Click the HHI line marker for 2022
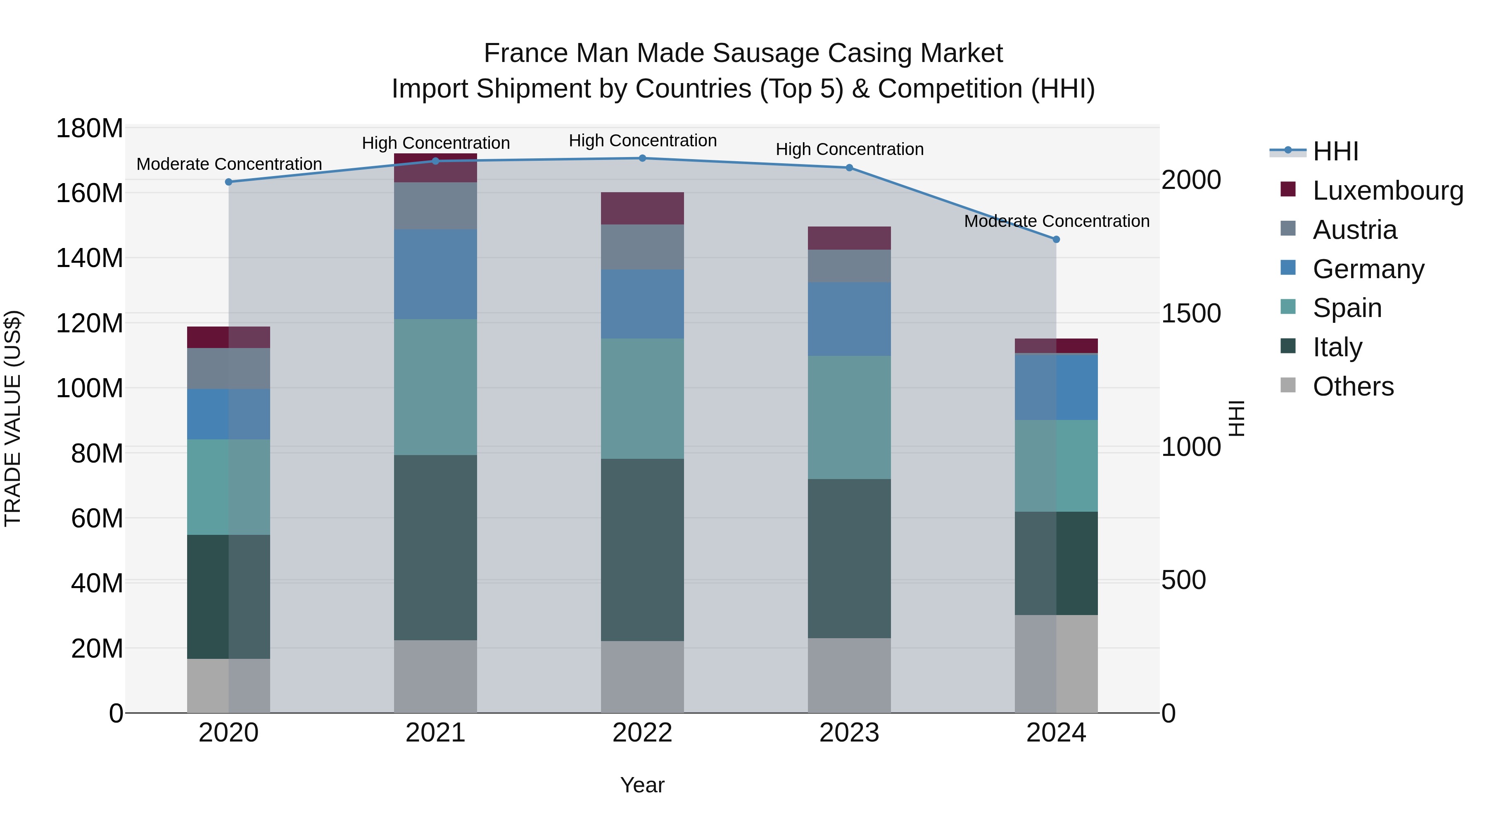click(642, 158)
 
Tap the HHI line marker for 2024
click(1056, 239)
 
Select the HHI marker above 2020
click(228, 182)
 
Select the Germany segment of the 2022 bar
click(642, 304)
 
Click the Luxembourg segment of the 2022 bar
click(642, 208)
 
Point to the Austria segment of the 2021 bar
click(435, 206)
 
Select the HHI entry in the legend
click(1335, 151)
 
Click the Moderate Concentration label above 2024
click(1056, 221)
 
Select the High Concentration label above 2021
click(436, 143)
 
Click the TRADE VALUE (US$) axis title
click(13, 418)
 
